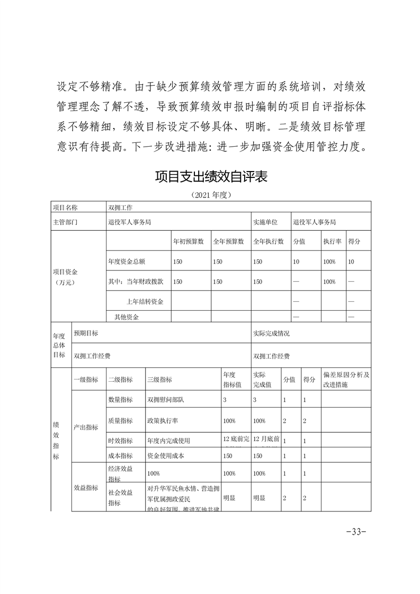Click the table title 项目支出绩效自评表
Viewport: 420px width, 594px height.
(210, 176)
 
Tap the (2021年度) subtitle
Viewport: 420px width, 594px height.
(210, 195)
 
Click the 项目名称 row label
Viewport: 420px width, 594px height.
(65, 208)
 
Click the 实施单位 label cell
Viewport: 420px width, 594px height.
(265, 222)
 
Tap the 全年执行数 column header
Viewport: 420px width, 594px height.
(269, 241)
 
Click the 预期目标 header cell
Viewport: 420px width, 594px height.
(86, 334)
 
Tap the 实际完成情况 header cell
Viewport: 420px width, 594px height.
(272, 334)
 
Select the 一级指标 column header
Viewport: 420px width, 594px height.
(86, 380)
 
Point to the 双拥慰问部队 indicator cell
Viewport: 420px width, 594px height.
(165, 400)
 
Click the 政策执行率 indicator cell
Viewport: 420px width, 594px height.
(162, 421)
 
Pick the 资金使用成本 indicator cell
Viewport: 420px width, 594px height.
(165, 455)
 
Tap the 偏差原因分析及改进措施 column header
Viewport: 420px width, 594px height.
(346, 379)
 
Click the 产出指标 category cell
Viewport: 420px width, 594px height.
(86, 427)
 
